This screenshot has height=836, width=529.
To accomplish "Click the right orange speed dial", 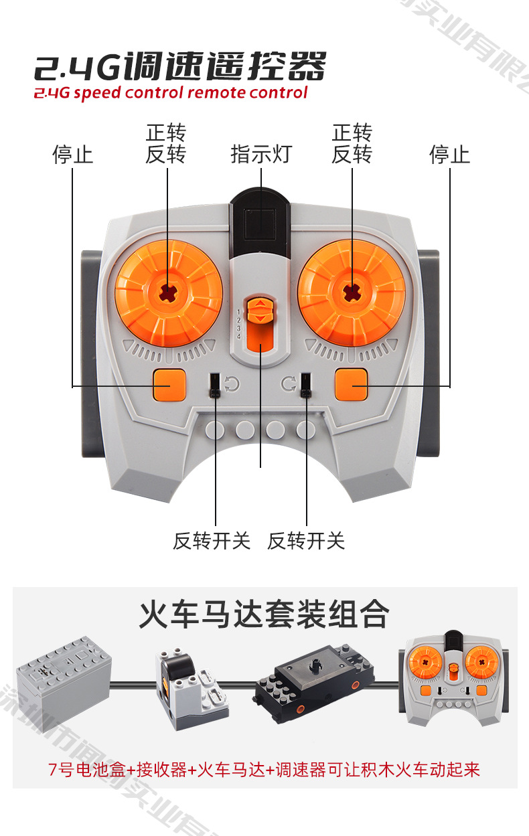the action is tap(351, 293).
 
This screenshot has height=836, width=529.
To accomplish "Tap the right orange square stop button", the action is tap(352, 385).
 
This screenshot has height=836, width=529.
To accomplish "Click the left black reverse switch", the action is tap(216, 386).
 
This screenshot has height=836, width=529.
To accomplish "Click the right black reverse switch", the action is tap(305, 386).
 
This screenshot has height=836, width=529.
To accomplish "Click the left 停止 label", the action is tap(72, 155).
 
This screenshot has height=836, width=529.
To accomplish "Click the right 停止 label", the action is tap(449, 155).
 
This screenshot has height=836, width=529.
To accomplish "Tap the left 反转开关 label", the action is tap(212, 540).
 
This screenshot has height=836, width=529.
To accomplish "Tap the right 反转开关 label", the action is tap(306, 540).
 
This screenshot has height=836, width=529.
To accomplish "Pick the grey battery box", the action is tap(63, 675).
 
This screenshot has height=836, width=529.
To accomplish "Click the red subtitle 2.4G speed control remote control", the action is tap(171, 92).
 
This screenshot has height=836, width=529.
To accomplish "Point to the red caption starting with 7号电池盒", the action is tap(264, 769).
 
